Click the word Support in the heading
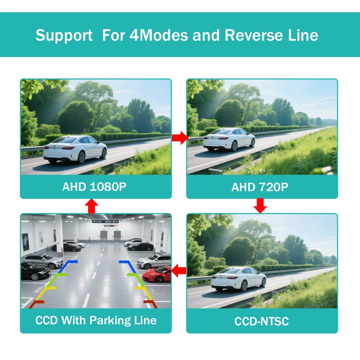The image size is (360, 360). pyautogui.click(x=64, y=36)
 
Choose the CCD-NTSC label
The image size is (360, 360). pyautogui.click(x=262, y=321)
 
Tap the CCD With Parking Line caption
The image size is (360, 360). pyautogui.click(x=96, y=320)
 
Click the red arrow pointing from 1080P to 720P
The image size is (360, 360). pyautogui.click(x=180, y=138)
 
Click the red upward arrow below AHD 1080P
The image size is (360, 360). pyautogui.click(x=92, y=206)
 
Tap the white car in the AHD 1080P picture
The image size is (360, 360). pyautogui.click(x=75, y=149)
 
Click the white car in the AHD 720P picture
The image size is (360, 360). pyautogui.click(x=229, y=139)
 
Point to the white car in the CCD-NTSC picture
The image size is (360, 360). pyautogui.click(x=238, y=279)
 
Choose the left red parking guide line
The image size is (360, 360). pyautogui.click(x=36, y=303)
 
